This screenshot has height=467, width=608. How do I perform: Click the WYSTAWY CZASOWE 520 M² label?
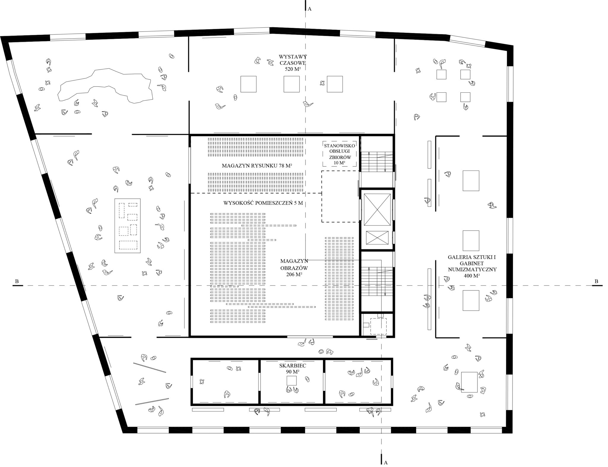292,62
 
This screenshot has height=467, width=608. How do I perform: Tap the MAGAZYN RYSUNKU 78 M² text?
257,166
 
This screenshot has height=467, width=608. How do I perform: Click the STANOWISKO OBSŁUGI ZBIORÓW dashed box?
340,154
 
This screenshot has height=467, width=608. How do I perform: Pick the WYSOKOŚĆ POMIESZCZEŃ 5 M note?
263,203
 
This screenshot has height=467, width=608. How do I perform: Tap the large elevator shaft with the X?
377,210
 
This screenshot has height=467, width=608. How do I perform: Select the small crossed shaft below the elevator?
377,238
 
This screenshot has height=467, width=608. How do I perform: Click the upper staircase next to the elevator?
377,162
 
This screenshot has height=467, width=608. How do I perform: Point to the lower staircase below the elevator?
377,281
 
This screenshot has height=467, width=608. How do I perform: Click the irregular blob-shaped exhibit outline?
105,86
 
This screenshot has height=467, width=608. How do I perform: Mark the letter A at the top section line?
309,9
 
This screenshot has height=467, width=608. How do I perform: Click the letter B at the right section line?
596,281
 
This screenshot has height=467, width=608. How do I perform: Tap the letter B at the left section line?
17,281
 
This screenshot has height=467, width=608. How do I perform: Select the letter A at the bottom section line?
385,463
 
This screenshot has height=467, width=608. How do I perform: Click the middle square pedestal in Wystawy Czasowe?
292,84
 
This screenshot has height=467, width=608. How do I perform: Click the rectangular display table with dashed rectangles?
128,226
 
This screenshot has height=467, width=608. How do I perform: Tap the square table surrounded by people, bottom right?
469,382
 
